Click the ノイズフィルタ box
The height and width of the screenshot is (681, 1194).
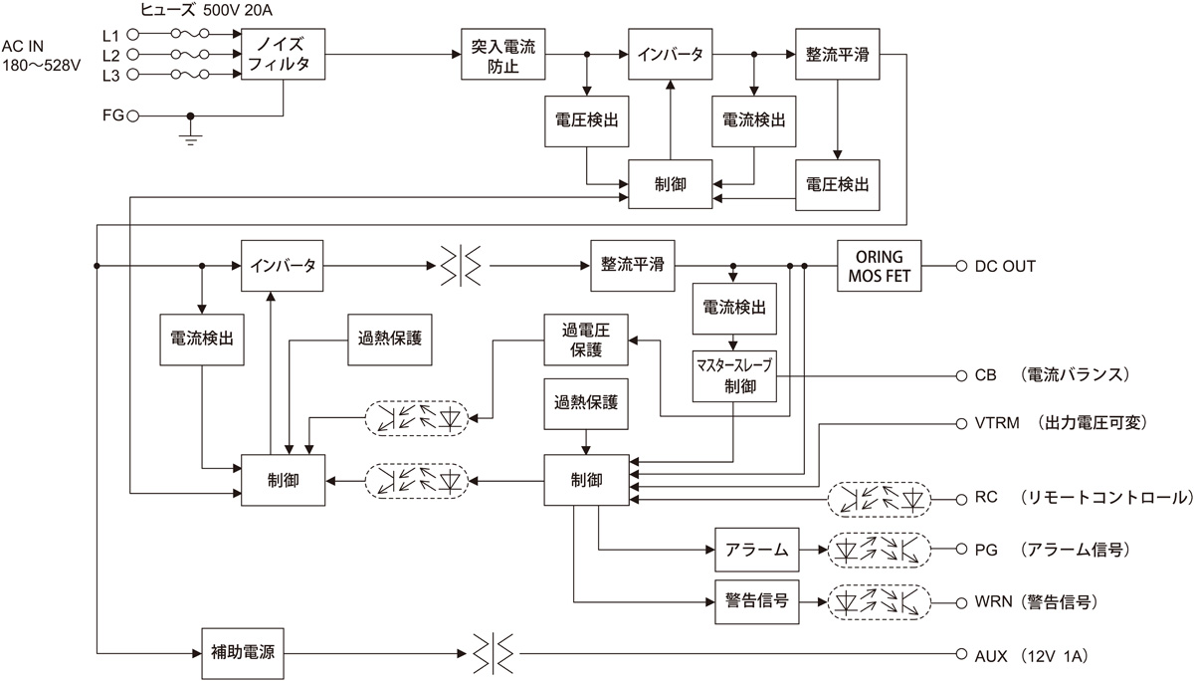pos(285,54)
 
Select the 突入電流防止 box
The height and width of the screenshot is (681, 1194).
pos(503,54)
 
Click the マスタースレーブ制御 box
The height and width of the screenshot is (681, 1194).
pos(734,376)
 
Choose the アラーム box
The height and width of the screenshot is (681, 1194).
pos(756,549)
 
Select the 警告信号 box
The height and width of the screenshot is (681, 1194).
pos(756,601)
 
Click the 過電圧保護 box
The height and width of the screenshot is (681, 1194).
pos(586,340)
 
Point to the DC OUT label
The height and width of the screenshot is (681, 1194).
pos(1004,266)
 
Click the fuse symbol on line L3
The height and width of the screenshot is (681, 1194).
pos(190,76)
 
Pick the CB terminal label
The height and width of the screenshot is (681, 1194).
pos(985,376)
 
